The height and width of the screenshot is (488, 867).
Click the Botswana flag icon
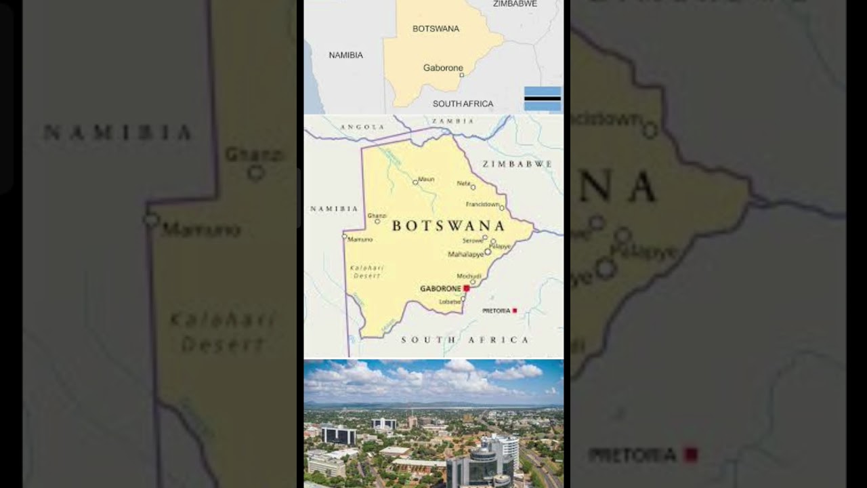click(543, 99)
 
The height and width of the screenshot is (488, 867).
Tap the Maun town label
click(426, 180)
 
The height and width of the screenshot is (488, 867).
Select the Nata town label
click(463, 183)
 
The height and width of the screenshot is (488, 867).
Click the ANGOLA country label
click(362, 127)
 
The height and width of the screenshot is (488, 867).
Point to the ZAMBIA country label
click(453, 121)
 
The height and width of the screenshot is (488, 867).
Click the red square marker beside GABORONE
click(467, 288)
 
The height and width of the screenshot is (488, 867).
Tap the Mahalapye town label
click(466, 255)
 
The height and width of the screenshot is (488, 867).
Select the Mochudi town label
click(469, 276)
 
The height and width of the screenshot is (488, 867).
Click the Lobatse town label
click(450, 302)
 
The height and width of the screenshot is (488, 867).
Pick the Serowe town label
click(472, 241)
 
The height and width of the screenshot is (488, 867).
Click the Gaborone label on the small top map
click(443, 68)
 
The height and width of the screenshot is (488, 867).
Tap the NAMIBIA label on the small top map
click(346, 55)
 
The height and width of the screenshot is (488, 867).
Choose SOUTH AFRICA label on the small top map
click(463, 104)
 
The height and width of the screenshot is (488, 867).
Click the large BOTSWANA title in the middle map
click(448, 226)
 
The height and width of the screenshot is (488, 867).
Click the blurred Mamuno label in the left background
click(201, 230)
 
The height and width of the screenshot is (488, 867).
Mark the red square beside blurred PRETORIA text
click(690, 455)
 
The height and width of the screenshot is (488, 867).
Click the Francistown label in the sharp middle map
click(482, 204)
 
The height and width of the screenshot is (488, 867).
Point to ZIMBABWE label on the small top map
click(515, 4)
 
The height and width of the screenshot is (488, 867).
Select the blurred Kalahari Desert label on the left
click(222, 332)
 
